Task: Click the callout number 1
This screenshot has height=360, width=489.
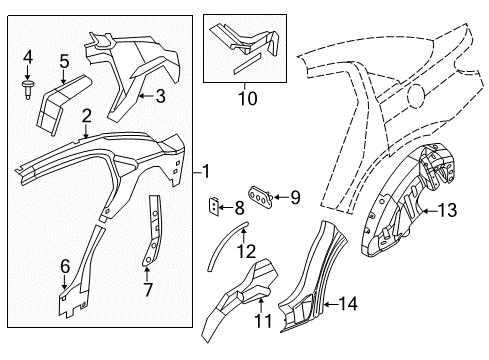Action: (206, 172)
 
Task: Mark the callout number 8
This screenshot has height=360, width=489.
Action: (237, 209)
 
